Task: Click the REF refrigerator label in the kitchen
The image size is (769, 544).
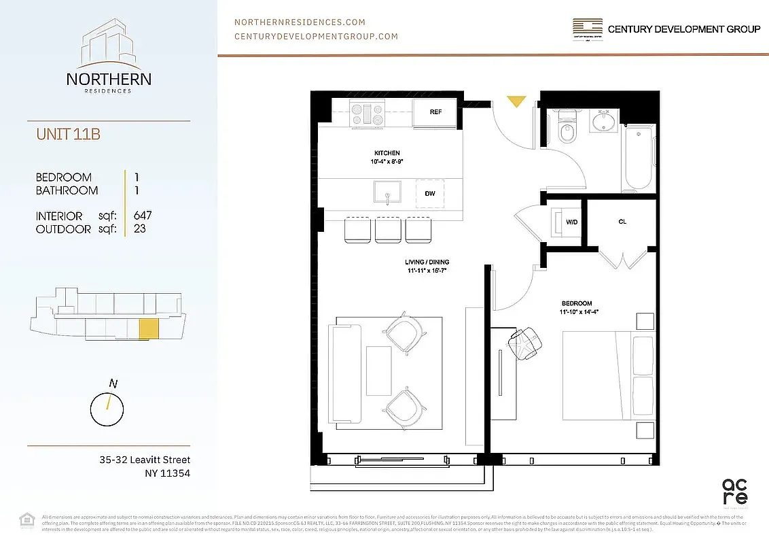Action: point(435,112)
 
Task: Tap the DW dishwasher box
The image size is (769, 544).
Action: point(430,194)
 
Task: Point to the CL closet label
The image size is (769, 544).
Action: point(622,222)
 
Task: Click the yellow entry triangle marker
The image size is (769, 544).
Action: point(516,101)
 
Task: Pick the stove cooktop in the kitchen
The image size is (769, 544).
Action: point(367,112)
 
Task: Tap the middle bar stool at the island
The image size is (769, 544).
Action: point(388,229)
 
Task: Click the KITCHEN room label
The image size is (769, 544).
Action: point(387,153)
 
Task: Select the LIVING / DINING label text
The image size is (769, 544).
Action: point(426,262)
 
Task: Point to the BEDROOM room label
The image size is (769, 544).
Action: point(576,303)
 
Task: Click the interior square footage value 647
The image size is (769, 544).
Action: point(143,216)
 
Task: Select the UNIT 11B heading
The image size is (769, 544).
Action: point(69,135)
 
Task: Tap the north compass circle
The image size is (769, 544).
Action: point(107,408)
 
